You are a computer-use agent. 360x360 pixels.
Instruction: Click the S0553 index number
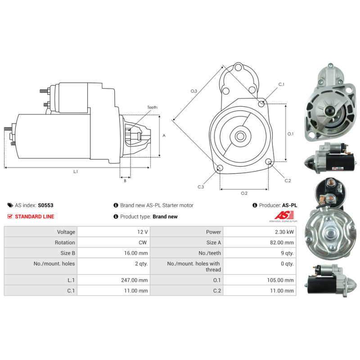pos(45,205)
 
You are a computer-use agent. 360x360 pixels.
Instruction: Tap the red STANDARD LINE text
pos(35,216)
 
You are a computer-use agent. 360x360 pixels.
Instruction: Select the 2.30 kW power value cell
pos(260,232)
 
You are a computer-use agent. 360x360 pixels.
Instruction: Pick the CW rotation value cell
pos(114,243)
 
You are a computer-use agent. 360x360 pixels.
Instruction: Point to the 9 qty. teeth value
pos(287,253)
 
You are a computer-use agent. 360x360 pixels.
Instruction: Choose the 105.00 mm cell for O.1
pos(260,280)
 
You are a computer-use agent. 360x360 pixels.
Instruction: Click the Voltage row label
pos(66,232)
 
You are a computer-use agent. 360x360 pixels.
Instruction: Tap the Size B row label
pos(68,253)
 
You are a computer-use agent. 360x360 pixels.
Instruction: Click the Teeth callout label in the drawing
pos(152,107)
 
